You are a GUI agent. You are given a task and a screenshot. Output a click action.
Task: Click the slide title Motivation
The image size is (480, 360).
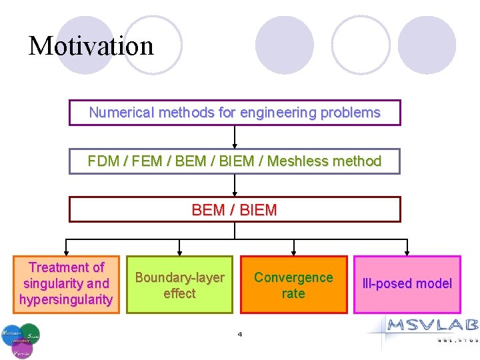91,46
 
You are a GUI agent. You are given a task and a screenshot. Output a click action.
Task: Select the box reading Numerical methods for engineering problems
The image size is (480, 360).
235,113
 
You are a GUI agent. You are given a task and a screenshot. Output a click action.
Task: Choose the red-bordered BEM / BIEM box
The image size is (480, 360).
235,209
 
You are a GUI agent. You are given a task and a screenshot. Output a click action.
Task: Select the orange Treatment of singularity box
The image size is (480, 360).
66,283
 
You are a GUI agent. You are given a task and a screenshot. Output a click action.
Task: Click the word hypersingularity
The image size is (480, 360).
66,299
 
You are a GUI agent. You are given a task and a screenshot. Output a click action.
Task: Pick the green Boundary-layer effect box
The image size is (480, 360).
179,285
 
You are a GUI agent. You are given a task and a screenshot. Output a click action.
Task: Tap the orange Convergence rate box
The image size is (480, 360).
293,285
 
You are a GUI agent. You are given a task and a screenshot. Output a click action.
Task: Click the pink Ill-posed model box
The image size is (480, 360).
407,284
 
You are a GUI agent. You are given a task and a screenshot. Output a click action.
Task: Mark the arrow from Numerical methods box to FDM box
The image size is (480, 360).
235,137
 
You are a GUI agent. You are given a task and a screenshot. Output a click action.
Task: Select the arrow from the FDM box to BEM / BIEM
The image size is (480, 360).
235,185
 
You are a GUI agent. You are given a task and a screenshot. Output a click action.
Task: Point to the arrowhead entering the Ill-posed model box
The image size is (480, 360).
407,252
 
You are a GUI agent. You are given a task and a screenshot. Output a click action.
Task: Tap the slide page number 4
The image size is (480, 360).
240,334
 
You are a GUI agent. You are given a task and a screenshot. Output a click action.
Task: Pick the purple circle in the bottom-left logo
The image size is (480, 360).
22,348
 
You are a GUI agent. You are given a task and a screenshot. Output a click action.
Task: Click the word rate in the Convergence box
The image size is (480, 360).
293,293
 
